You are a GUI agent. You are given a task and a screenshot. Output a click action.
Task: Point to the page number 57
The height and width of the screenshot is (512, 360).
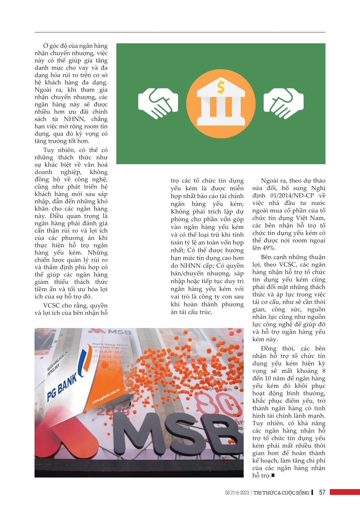pos(322,492)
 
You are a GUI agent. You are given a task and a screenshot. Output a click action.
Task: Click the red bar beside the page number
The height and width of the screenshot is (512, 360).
pos(344,492)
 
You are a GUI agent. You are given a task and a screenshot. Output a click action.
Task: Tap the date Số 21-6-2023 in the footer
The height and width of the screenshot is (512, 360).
pos(237,493)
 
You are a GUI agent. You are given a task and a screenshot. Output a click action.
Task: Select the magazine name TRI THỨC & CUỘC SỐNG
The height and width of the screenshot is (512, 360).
pos(281,493)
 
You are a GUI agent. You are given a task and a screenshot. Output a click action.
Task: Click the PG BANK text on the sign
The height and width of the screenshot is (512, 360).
pos(62,388)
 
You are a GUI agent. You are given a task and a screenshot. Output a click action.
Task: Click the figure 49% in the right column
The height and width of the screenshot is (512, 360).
pos(269,248)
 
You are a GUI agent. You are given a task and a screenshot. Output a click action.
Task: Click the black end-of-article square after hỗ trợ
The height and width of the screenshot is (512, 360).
pos(273,475)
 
